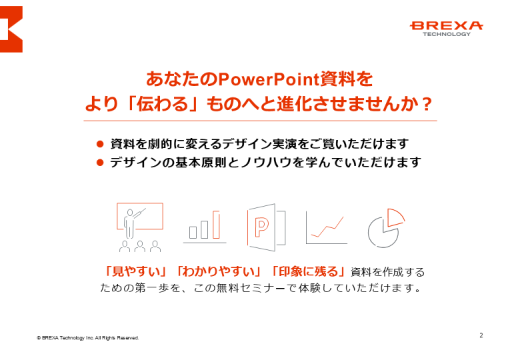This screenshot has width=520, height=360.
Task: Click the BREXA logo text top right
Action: click(x=446, y=25)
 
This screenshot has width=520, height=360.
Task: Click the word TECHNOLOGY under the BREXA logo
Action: click(x=446, y=35)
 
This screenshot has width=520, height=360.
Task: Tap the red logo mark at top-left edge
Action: click(x=11, y=29)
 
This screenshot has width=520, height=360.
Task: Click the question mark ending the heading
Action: click(x=427, y=104)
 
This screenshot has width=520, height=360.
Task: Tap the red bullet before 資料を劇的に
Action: click(x=100, y=143)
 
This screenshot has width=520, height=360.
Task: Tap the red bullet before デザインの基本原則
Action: click(x=100, y=162)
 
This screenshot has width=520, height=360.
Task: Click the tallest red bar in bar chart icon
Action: click(x=216, y=225)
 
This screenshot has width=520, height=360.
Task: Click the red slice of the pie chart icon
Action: click(x=396, y=216)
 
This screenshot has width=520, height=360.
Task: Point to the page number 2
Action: click(x=481, y=335)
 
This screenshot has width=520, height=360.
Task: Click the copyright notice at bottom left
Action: click(x=88, y=338)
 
